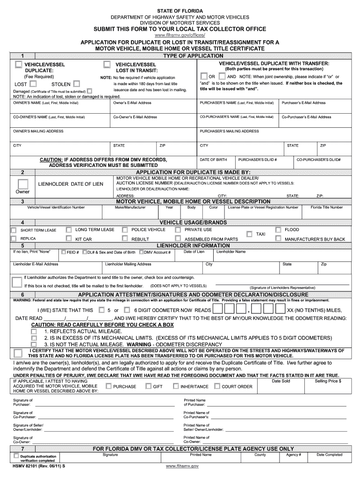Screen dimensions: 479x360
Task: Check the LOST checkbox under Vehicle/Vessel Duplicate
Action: (x=32, y=84)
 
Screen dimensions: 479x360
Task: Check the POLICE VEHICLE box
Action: (x=125, y=230)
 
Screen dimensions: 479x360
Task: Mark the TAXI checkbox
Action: (x=249, y=233)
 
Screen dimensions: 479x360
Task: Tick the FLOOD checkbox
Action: (x=278, y=230)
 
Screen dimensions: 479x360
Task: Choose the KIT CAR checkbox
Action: (x=69, y=239)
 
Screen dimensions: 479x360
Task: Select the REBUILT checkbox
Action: (x=125, y=239)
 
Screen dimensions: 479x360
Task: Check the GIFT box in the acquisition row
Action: (x=148, y=386)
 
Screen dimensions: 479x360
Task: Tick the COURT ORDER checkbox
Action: (x=217, y=386)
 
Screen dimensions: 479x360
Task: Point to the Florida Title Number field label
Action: (x=330, y=207)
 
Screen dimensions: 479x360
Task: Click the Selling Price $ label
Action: (x=328, y=381)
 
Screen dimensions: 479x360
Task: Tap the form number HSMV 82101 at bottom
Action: (x=32, y=466)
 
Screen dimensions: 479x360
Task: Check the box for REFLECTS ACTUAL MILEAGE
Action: (x=34, y=331)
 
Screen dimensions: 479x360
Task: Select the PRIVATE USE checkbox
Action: (x=178, y=230)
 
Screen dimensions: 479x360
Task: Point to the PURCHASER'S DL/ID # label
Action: (x=257, y=160)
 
